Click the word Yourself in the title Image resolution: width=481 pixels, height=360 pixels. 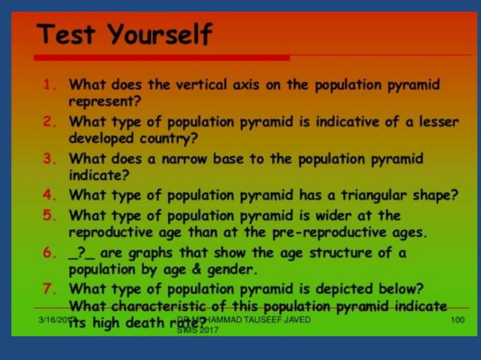click(x=159, y=35)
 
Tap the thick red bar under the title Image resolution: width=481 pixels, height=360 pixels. click(x=161, y=58)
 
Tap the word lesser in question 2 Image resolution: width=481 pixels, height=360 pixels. click(x=436, y=122)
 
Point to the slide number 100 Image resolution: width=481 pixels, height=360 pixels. click(x=457, y=320)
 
